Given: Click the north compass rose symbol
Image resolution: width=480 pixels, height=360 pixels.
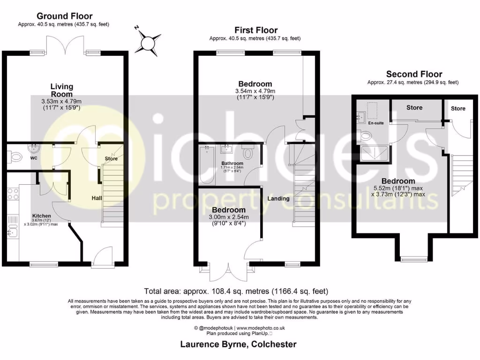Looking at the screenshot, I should pos(149,43).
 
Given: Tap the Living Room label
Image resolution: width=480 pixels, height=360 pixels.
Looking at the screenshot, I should pos(62,90).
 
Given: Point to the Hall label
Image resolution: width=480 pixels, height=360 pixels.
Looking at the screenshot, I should pos(97,199).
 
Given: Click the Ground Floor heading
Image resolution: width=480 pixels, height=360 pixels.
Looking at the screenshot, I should pos(64,16).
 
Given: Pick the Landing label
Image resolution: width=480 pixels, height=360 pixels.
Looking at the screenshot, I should pos(278,198).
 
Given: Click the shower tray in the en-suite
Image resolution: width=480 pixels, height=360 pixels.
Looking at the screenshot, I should pos(375,154).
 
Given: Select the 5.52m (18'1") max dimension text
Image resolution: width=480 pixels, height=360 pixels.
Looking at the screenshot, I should pos(397,188).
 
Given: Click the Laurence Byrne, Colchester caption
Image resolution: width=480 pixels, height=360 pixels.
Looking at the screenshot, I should pos(239,345).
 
